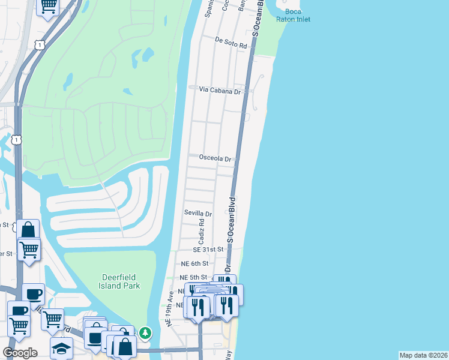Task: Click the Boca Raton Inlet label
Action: (289, 15)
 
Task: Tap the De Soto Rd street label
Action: (231, 46)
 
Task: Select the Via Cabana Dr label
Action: (220, 91)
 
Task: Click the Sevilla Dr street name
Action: (198, 214)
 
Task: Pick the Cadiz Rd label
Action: (202, 231)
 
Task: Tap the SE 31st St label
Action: (208, 249)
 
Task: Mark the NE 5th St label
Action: (193, 278)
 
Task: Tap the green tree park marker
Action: (145, 332)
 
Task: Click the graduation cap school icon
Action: (61, 347)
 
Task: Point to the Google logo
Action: (20, 353)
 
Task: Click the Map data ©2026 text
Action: (423, 355)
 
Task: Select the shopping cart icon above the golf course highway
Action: (47, 6)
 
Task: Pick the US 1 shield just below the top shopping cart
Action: (39, 44)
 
